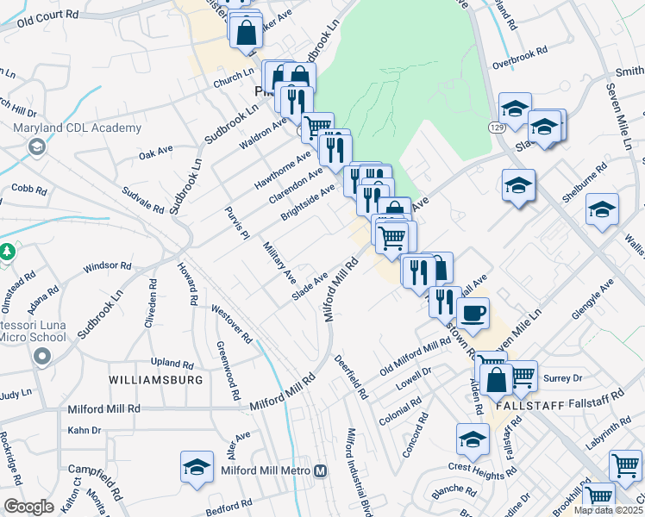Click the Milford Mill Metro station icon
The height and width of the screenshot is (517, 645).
coord(321,471)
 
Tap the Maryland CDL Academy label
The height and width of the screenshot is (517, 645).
coord(78,128)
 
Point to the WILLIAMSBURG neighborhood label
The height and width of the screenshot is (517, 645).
coord(156,379)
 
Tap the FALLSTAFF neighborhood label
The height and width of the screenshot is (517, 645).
coord(529,404)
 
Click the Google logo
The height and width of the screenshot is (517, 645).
coord(28,507)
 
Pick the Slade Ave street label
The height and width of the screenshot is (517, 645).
coord(310,289)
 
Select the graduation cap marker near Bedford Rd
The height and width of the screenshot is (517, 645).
coord(197,466)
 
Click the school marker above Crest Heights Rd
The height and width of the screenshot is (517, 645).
coord(473,439)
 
